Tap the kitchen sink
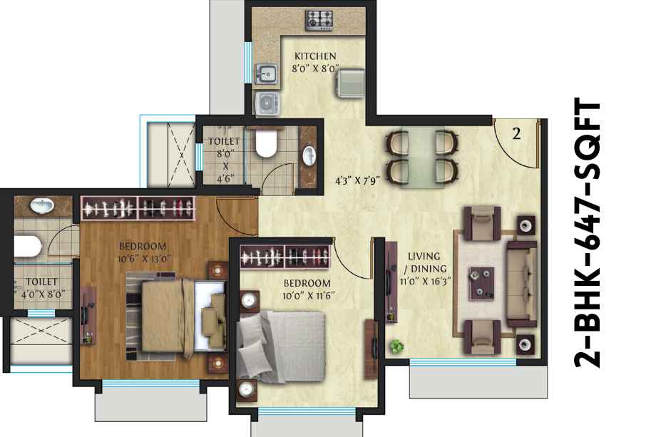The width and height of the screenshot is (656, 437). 266,73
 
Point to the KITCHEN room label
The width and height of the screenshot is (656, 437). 315,56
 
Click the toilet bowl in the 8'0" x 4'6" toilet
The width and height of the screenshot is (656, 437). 266,143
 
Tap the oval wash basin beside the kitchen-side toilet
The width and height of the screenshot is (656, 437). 309,155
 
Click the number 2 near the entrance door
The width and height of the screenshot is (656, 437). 517,134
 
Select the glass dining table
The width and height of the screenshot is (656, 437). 423,158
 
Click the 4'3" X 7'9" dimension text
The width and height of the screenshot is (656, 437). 358,181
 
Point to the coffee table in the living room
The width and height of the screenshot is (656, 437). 481,284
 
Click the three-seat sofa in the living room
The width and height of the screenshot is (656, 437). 522,284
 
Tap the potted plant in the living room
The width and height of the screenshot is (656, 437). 396,346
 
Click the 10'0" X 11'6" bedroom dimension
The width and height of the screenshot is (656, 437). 307,296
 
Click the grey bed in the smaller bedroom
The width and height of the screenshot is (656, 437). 281,346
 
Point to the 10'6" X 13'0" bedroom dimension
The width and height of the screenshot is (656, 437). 144,259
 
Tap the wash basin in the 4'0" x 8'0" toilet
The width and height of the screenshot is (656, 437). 42,205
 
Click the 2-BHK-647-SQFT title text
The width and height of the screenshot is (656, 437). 587,233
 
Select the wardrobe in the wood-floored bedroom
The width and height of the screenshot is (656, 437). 138,208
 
